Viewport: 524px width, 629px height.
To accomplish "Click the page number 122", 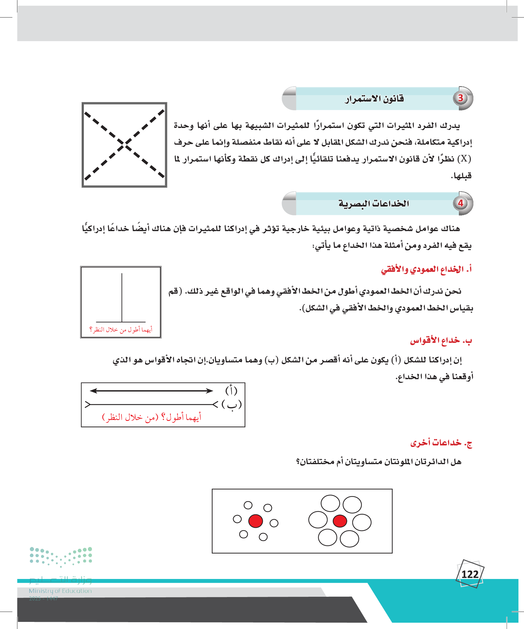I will point(470,574).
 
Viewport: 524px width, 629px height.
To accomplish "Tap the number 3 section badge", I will point(460,98).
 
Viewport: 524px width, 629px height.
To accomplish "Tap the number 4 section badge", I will point(460,203).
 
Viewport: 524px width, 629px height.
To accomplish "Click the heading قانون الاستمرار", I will point(374,99).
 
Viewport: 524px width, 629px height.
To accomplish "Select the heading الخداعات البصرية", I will point(374,204).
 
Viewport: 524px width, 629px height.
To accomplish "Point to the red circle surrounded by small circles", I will point(255,521).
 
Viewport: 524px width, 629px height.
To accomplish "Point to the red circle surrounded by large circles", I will point(340,521).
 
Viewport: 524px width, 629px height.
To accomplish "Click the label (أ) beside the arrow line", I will point(231,390).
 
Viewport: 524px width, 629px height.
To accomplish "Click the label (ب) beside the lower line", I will point(232,404).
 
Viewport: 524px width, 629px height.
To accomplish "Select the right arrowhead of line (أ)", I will point(209,391).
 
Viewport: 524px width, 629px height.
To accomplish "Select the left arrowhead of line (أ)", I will point(94,391).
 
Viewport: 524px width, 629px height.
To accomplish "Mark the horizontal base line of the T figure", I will point(121,322).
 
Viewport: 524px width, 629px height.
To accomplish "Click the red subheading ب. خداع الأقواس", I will point(441,341).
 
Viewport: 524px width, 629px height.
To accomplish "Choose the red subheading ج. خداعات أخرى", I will point(441,443).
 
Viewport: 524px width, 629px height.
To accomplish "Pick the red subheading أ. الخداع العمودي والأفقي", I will point(426,269).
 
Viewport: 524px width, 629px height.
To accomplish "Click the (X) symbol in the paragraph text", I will point(464,158).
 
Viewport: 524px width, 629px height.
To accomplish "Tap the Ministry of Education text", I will point(60,591).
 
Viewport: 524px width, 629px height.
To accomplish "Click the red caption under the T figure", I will point(121,330).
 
